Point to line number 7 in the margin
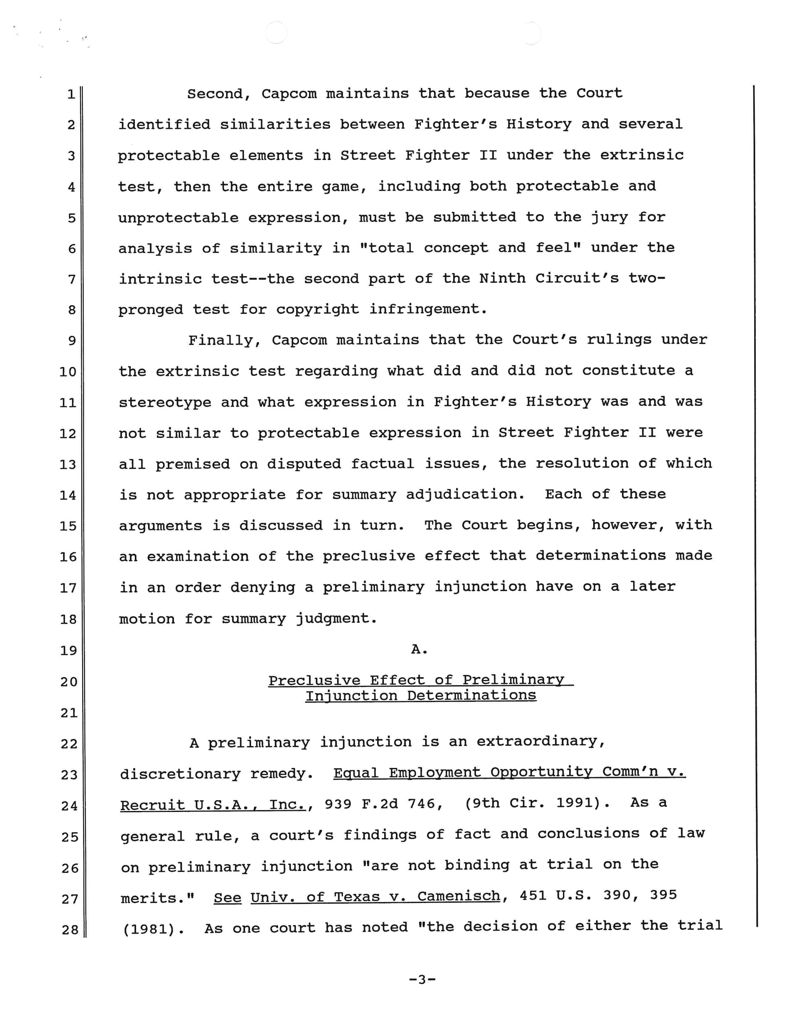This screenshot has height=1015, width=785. (x=72, y=279)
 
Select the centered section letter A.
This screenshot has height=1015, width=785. (x=419, y=649)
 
